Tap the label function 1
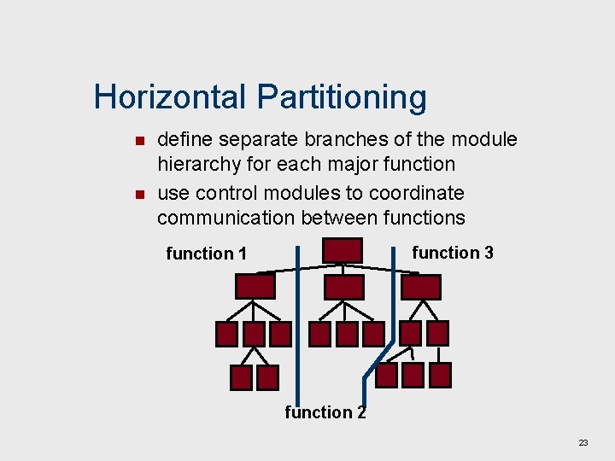[206, 254]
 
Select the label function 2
[325, 412]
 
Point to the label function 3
[453, 253]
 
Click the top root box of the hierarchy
[342, 250]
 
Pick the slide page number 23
[583, 442]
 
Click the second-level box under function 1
[255, 286]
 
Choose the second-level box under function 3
[421, 287]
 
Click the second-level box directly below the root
[343, 287]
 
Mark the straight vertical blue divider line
[297, 324]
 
